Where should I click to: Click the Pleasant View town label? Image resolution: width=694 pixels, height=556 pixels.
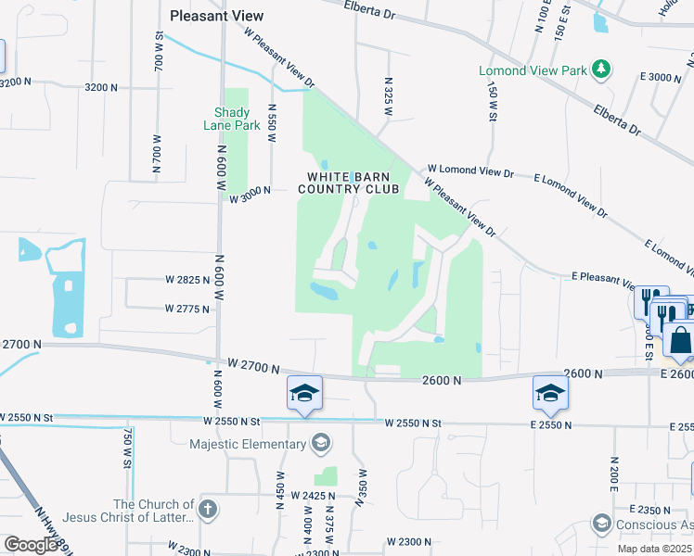pos(217,16)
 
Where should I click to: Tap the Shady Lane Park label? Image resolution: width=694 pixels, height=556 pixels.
pos(231,119)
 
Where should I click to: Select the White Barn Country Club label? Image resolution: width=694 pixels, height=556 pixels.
pos(348,183)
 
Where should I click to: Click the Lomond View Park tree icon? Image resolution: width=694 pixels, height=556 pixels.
pos(602,69)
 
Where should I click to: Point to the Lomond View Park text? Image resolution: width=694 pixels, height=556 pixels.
pos(533,70)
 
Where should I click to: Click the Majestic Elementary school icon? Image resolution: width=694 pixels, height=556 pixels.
pos(321,444)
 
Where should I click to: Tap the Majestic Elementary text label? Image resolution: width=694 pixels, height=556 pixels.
pos(248,444)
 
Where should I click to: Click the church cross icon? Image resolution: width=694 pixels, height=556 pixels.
pos(208,510)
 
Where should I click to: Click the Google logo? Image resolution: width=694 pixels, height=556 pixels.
pos(30,545)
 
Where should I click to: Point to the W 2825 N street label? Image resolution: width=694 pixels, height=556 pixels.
pos(188,279)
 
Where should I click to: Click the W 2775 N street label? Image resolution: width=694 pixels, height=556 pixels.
pos(188,309)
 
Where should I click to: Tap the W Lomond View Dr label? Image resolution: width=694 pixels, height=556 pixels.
pos(469,172)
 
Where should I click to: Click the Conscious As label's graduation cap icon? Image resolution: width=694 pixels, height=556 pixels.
pos(600,524)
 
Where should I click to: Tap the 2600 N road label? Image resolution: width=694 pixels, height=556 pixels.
pos(441,380)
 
